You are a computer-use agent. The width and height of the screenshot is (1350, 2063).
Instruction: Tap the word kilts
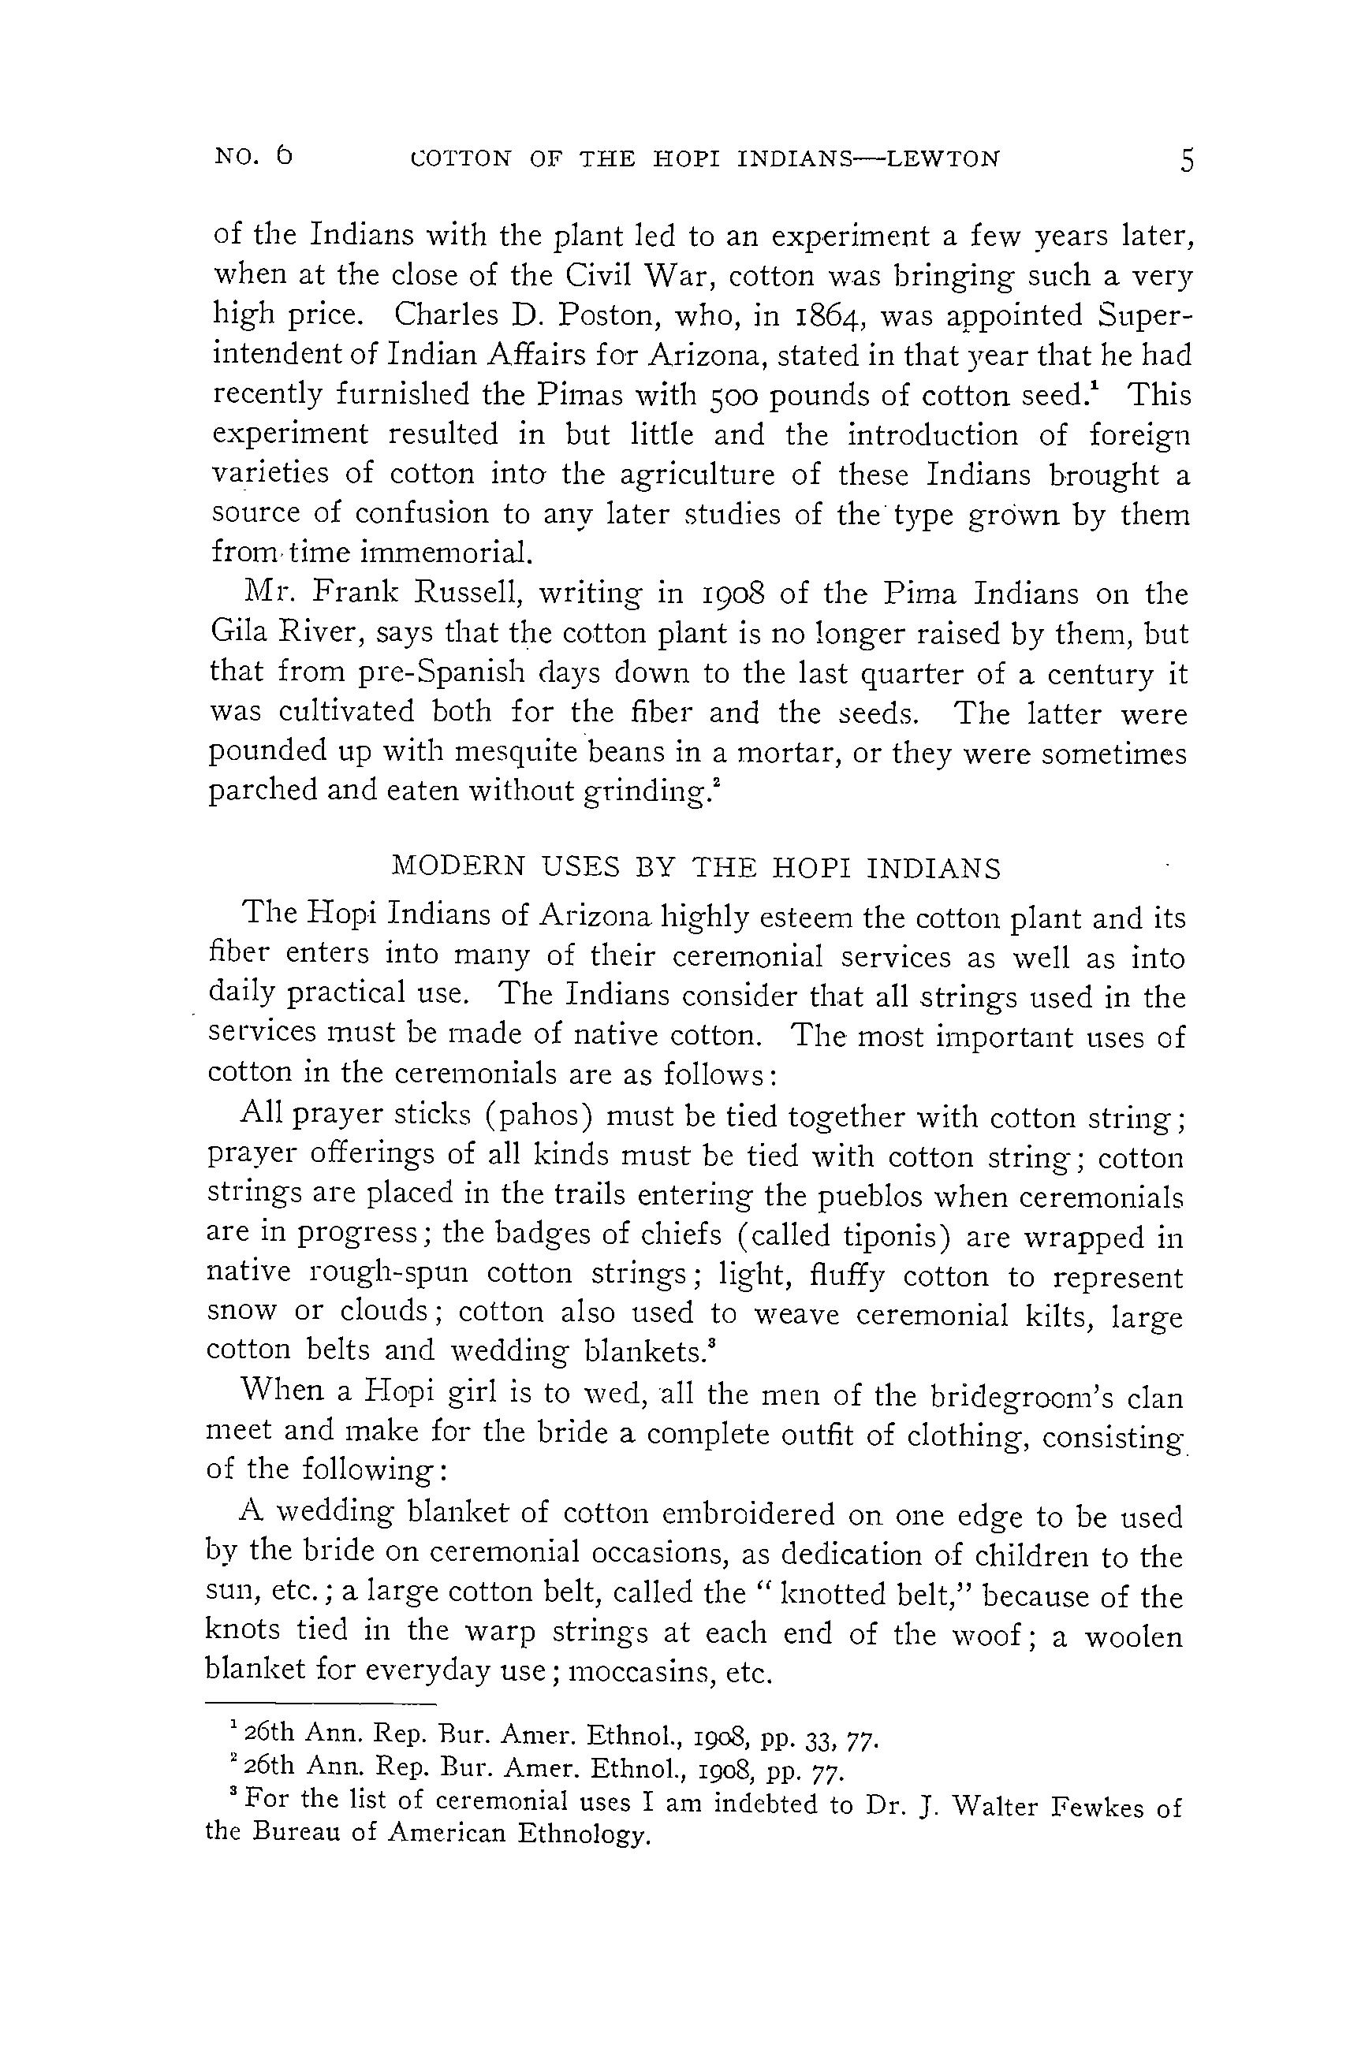pyautogui.click(x=1054, y=1316)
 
